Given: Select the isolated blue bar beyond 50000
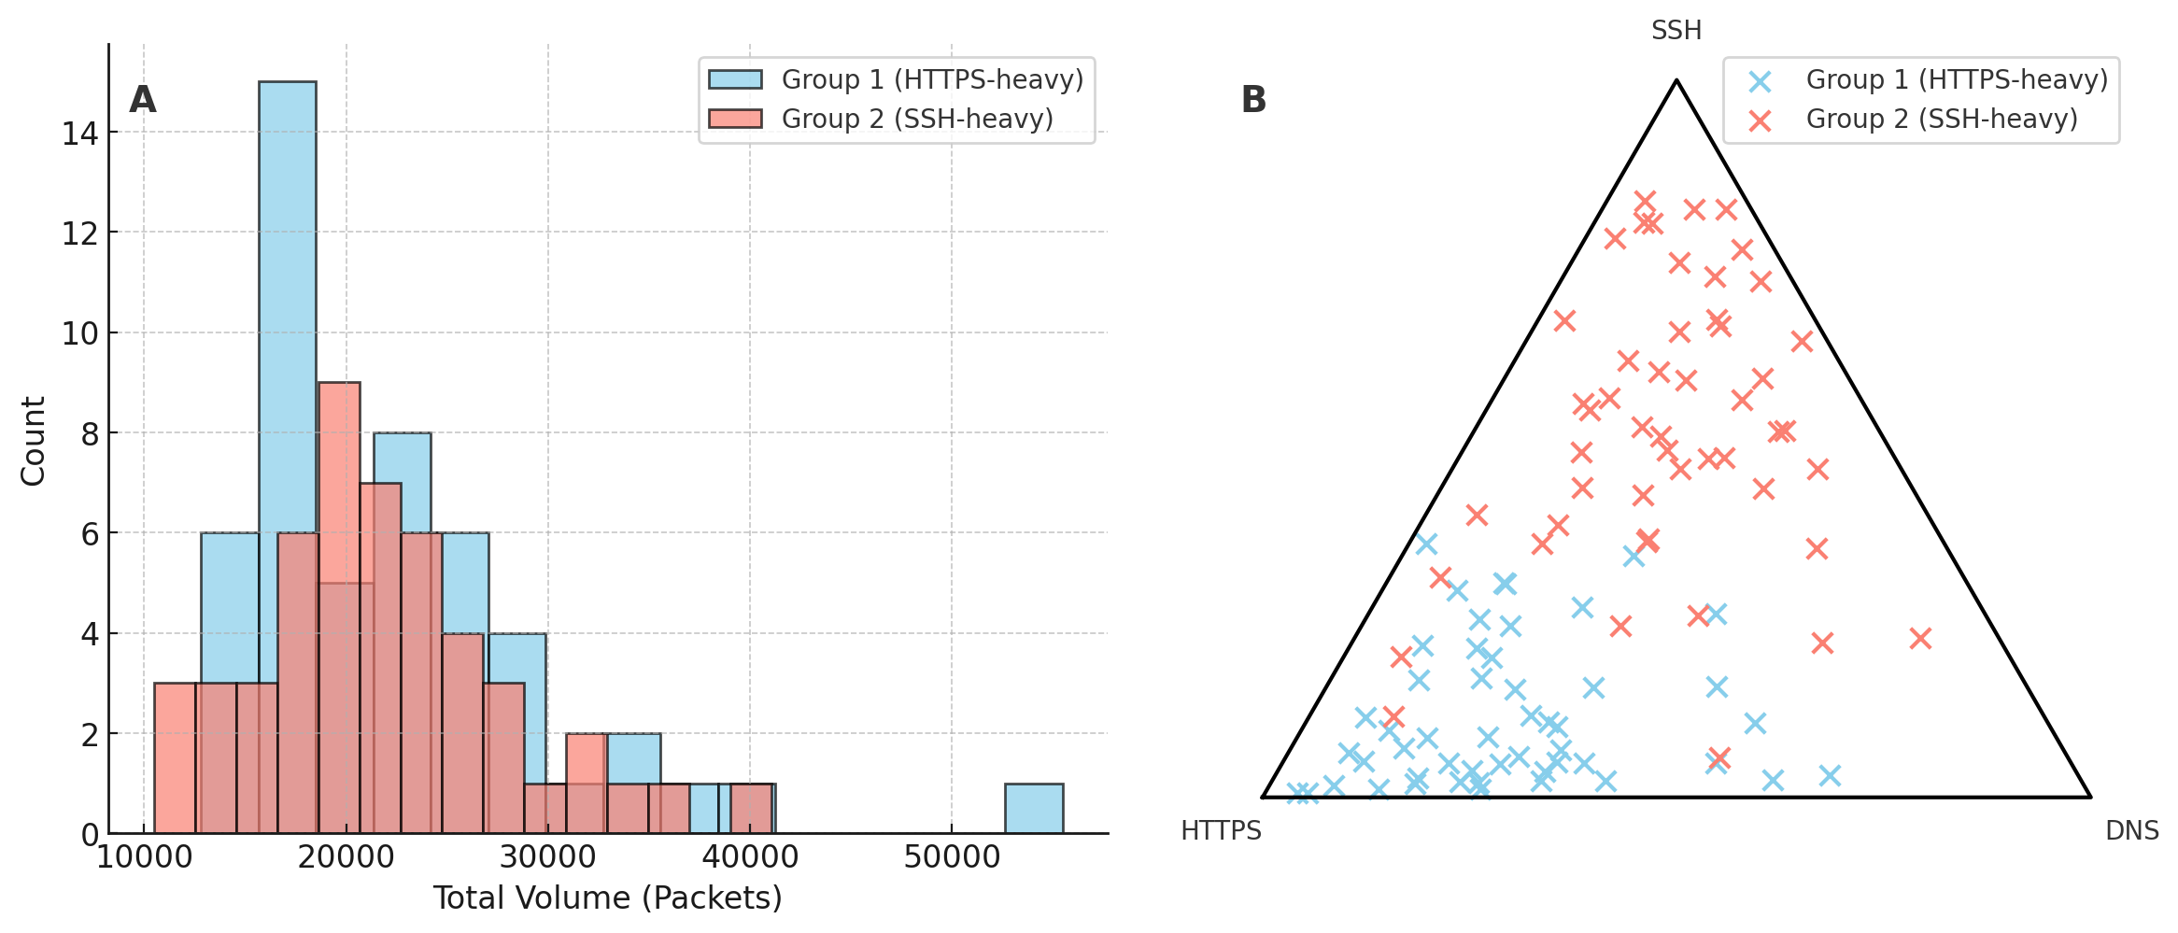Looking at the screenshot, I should (1033, 809).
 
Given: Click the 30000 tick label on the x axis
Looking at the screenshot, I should (547, 856).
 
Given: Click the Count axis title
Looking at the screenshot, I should (34, 441).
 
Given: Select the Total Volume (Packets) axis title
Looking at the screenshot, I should (607, 898).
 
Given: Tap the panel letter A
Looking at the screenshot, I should (142, 100).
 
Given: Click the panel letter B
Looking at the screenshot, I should (1253, 100).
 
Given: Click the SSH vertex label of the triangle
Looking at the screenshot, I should (1676, 31).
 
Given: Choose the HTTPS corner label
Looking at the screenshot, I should (1221, 831).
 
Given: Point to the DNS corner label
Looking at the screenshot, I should (2131, 831).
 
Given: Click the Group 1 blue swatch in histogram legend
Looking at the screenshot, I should (735, 80).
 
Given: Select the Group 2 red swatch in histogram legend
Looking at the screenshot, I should (735, 120).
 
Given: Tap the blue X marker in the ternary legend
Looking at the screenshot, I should (1760, 81).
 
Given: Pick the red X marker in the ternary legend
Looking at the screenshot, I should (1760, 120).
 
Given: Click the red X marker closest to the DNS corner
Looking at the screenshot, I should (1920, 639).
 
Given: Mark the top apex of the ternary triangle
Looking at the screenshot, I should (1676, 81).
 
